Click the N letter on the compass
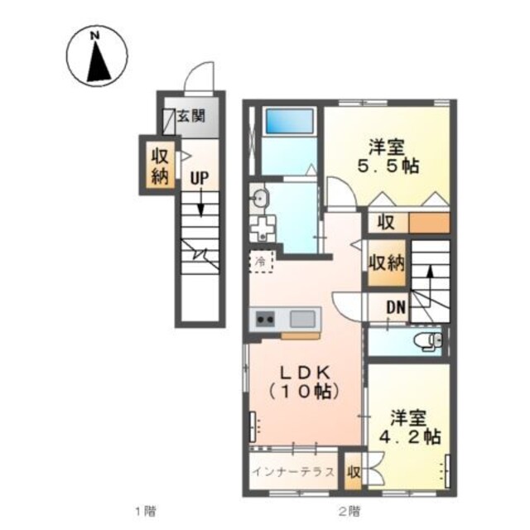point(97,36)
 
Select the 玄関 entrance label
point(191,116)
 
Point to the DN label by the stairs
point(396,307)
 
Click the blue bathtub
point(289,121)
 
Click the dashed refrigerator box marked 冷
point(261,262)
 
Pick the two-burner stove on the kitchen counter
point(265,319)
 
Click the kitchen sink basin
point(302,319)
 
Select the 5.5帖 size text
point(388,166)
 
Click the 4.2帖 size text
point(410,436)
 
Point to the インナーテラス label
point(293,471)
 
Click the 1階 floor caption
point(146,512)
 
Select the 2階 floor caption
point(349,512)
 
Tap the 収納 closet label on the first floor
point(160,166)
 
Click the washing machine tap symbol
point(263,227)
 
